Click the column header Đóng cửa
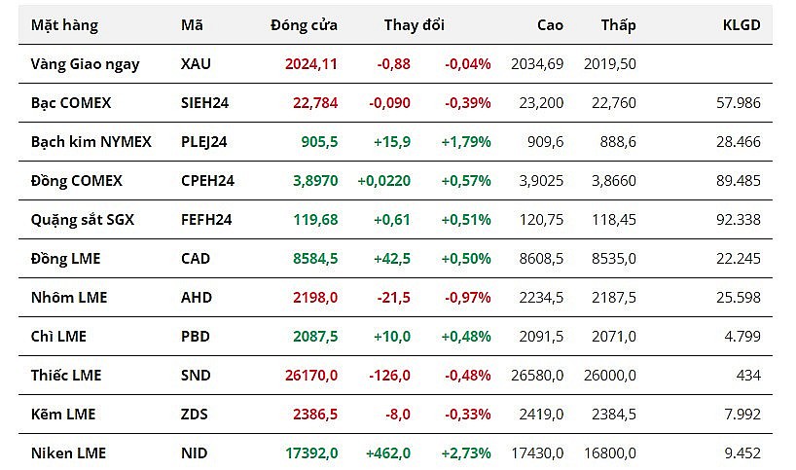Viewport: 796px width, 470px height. (x=304, y=25)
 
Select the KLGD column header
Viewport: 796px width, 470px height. (x=742, y=25)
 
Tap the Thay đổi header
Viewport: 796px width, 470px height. (x=414, y=25)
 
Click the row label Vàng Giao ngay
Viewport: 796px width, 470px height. (x=86, y=64)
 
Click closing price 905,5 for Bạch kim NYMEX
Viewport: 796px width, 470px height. (x=319, y=142)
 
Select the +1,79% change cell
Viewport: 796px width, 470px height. (x=466, y=142)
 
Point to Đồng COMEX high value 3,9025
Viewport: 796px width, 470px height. (x=537, y=181)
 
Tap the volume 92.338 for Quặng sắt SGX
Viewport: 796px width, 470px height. (x=737, y=220)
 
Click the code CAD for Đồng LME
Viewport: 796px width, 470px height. (x=196, y=259)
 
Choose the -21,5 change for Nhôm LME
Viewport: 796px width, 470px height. (x=393, y=297)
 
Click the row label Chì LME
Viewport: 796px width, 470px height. (x=58, y=337)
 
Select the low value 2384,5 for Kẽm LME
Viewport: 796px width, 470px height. (x=614, y=415)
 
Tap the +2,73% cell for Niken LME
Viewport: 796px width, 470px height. (x=466, y=453)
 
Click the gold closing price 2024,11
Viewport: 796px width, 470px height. (x=311, y=64)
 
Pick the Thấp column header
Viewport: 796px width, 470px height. (x=618, y=25)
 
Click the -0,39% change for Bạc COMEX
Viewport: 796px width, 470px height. (x=468, y=103)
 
